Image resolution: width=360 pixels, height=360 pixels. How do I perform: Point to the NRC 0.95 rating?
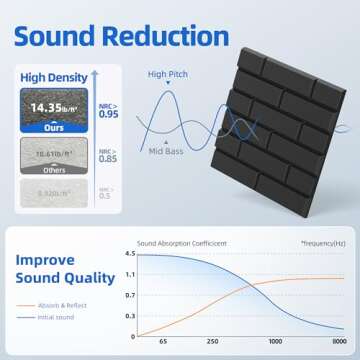pos(106,109)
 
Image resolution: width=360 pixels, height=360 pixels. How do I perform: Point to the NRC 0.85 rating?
pos(106,155)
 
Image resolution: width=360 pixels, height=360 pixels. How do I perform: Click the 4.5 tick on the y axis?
pos(129,253)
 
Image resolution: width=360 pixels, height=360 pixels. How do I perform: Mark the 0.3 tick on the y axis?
pos(129,316)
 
